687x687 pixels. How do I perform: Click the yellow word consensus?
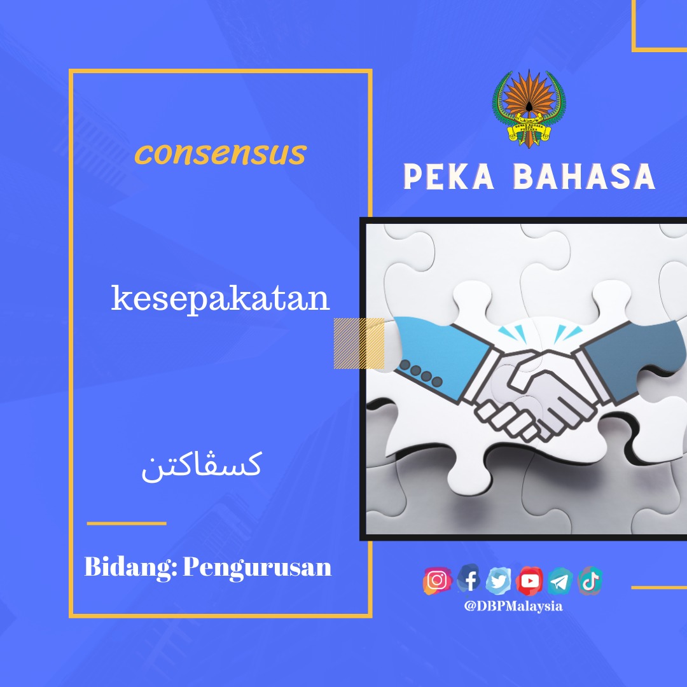tap(220, 153)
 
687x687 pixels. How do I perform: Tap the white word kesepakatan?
tap(220, 299)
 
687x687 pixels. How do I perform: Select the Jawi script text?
tap(202, 466)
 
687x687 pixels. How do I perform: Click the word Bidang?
tap(130, 567)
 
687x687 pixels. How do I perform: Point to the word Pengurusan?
tap(257, 568)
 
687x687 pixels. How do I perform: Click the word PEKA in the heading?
tap(448, 177)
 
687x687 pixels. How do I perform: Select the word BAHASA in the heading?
tap(584, 177)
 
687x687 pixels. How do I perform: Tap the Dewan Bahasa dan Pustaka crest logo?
tap(529, 109)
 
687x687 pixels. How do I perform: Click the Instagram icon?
tap(437, 581)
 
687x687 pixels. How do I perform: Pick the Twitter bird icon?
tap(499, 581)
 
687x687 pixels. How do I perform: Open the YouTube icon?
tap(529, 581)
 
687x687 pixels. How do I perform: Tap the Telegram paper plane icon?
tap(560, 581)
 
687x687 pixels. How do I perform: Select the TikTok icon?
tap(590, 581)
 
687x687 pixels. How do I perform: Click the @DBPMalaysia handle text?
tap(513, 606)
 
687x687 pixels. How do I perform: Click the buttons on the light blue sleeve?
tap(420, 374)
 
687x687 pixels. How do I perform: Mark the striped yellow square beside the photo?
tap(359, 343)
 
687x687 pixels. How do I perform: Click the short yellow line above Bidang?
tap(127, 523)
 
